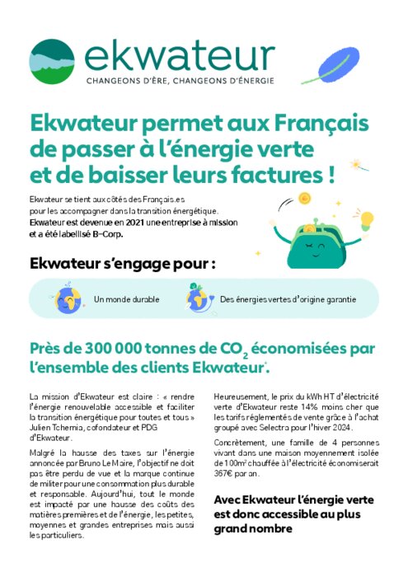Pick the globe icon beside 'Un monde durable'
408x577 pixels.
pos(67,298)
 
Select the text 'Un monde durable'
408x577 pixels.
pos(127,299)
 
